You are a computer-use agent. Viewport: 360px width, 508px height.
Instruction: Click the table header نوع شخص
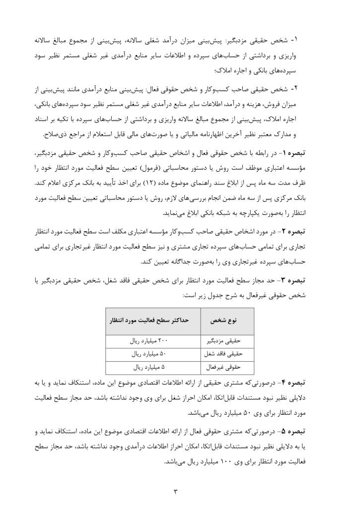pos(227,321)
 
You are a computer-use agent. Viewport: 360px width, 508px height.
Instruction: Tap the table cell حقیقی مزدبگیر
pos(226,341)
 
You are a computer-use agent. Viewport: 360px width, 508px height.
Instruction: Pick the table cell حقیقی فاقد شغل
pos(226,354)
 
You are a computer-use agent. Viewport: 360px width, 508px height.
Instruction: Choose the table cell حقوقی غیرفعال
pos(226,367)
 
